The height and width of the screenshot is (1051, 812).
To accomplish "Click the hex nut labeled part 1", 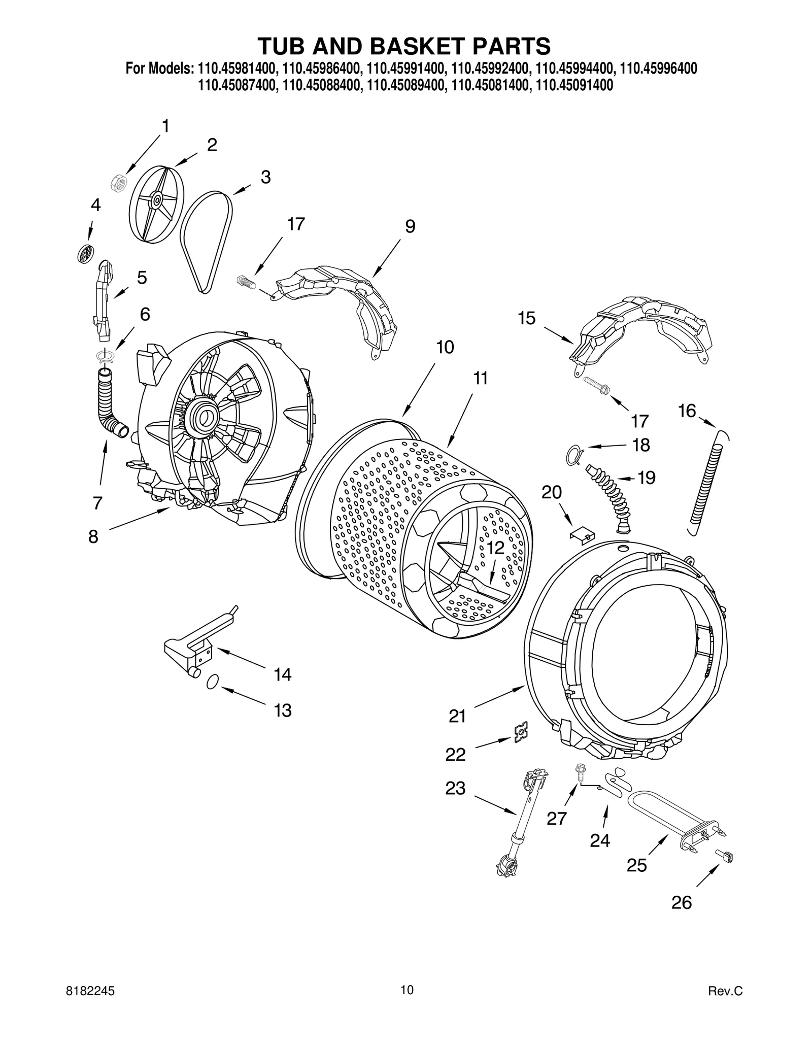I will (119, 183).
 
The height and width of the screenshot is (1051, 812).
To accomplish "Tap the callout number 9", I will (410, 226).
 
